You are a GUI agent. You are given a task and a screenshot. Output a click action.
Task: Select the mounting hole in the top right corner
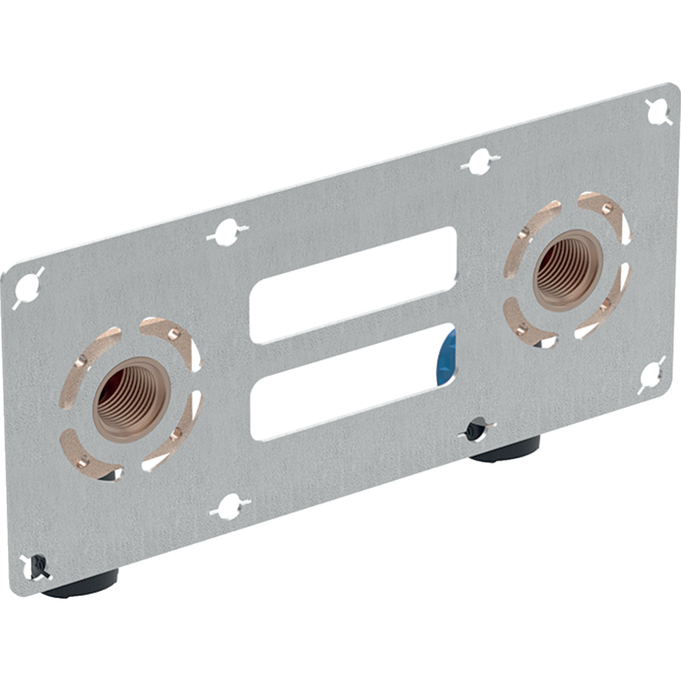pos(660,111)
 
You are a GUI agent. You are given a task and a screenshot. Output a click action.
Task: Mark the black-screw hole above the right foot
pos(476,430)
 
